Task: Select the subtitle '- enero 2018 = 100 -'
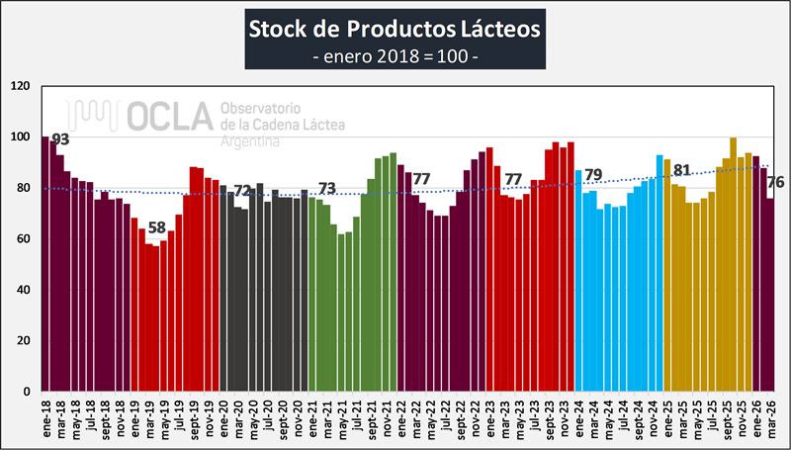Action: coord(395,56)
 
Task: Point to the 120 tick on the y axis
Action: coord(21,86)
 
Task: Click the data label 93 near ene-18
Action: coord(60,139)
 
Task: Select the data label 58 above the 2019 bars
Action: coord(156,227)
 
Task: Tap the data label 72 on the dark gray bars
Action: coord(242,191)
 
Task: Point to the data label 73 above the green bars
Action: coord(326,189)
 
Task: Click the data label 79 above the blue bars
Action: coord(593,176)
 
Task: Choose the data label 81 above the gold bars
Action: coord(681,170)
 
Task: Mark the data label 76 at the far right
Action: coord(776,182)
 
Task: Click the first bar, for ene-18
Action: coord(45,263)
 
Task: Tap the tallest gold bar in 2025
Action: coord(733,264)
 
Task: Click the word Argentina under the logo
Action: coord(249,141)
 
